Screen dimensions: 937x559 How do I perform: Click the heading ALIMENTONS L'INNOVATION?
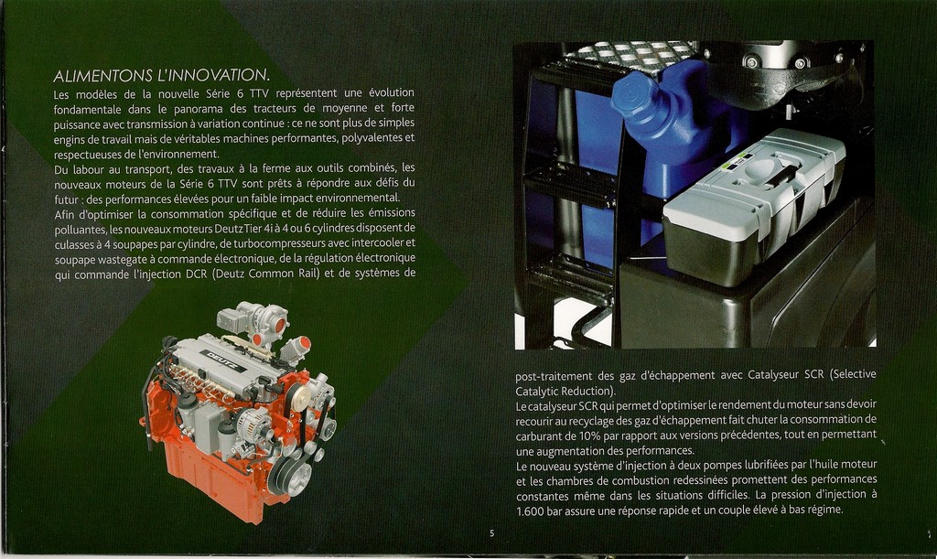[x=161, y=76]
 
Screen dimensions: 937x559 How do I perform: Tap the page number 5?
[x=491, y=533]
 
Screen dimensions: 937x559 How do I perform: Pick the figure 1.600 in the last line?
[x=530, y=511]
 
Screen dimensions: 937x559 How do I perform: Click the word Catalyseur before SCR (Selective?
[x=773, y=374]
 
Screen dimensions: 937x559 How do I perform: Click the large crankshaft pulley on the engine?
[x=289, y=476]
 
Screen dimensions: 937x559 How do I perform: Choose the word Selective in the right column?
[x=853, y=374]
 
